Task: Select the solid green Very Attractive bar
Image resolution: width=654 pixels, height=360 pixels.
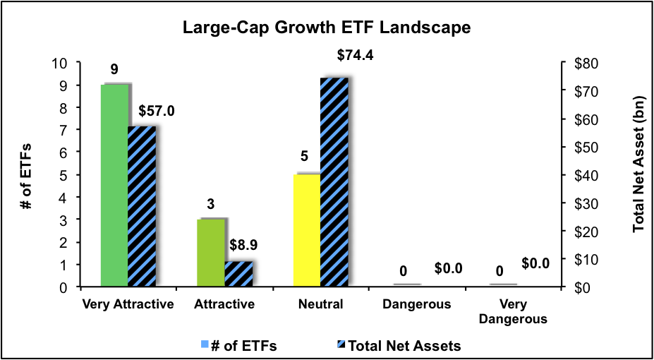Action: [x=114, y=186]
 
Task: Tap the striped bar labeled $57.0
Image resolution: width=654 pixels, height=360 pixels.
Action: [x=141, y=207]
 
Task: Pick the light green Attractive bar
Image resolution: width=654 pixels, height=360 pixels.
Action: [x=211, y=253]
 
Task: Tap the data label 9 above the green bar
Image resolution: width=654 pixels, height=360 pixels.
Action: [x=114, y=70]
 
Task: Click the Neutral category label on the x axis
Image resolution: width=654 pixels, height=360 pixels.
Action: [x=320, y=305]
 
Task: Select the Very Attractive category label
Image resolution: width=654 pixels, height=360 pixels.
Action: [x=128, y=305]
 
